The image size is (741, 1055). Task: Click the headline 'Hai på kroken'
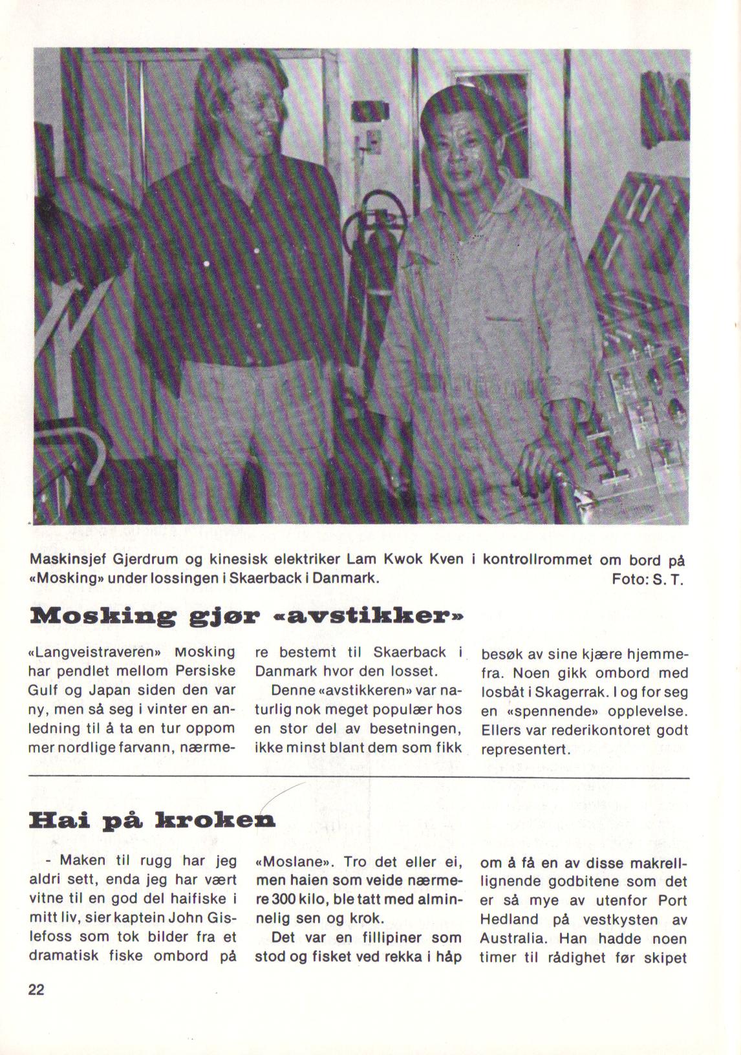coord(153,821)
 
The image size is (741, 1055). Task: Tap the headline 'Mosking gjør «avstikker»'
coord(247,615)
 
